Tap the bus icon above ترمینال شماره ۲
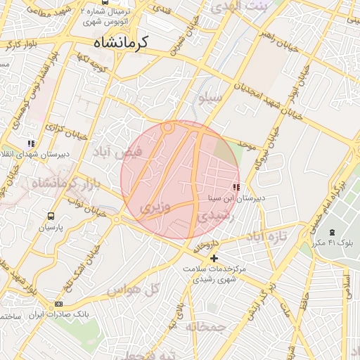(x=105, y=2)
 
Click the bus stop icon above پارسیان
(x=51, y=217)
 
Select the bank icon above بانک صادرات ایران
(x=58, y=304)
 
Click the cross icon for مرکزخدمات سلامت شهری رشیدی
(x=214, y=258)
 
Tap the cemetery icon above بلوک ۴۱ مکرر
(x=332, y=232)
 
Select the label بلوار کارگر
(x=20, y=49)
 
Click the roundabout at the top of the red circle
(x=168, y=128)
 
